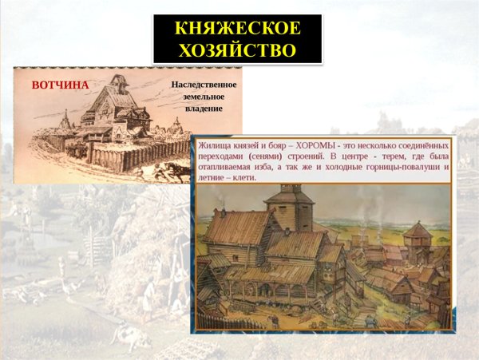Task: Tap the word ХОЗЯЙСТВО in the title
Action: pyautogui.click(x=237, y=51)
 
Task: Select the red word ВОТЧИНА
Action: pyautogui.click(x=59, y=85)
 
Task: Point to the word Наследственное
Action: pyautogui.click(x=204, y=84)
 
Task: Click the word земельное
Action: pyautogui.click(x=204, y=96)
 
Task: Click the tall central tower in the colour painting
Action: pyautogui.click(x=284, y=208)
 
